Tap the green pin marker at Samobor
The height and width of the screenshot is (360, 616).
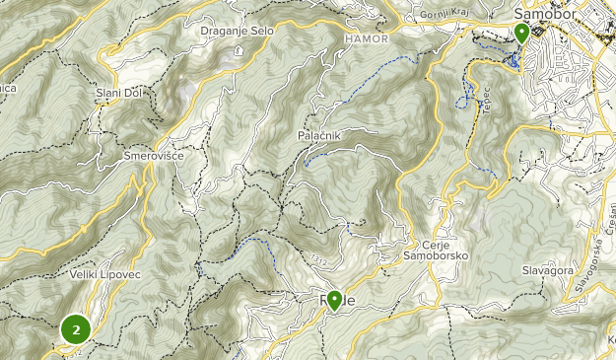pyautogui.click(x=521, y=33)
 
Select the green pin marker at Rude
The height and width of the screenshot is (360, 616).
pyautogui.click(x=334, y=300)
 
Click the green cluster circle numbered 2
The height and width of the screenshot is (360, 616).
pyautogui.click(x=75, y=329)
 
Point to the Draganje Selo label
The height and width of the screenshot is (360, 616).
pyautogui.click(x=237, y=31)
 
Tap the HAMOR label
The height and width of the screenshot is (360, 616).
pyautogui.click(x=367, y=38)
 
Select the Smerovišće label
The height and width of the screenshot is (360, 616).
pyautogui.click(x=154, y=156)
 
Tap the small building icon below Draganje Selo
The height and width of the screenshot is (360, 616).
pyautogui.click(x=239, y=49)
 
